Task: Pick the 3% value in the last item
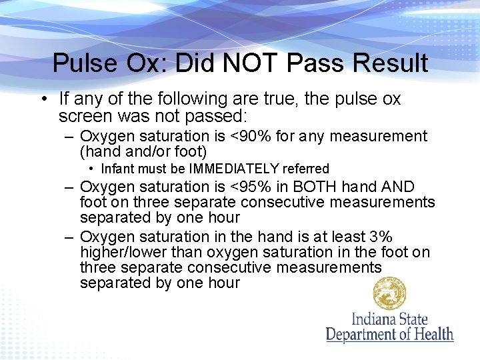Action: [x=380, y=237]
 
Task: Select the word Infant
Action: [x=119, y=169]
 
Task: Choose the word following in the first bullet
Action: [x=191, y=99]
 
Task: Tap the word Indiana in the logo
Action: [x=373, y=319]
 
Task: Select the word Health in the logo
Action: [x=431, y=333]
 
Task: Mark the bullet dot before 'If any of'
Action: [x=42, y=99]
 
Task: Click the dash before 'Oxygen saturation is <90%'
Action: [x=69, y=137]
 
